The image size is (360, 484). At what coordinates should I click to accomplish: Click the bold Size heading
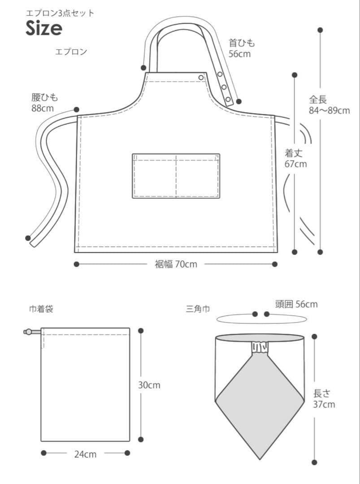click(x=44, y=28)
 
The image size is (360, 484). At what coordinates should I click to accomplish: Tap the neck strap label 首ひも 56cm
click(x=242, y=48)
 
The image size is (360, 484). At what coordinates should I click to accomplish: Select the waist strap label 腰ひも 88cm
click(x=44, y=103)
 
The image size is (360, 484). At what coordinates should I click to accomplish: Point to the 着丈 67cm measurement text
click(x=295, y=158)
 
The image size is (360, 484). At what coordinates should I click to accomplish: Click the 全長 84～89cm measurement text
click(x=330, y=105)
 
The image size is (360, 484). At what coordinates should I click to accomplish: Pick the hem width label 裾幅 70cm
click(x=176, y=264)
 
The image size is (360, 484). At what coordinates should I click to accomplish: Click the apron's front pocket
click(x=176, y=176)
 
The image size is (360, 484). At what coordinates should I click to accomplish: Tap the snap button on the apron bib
click(x=201, y=78)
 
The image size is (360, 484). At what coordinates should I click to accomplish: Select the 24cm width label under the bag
click(x=85, y=454)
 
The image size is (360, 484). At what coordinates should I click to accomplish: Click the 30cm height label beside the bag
click(x=149, y=385)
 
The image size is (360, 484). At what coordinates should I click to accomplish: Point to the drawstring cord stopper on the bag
click(x=28, y=332)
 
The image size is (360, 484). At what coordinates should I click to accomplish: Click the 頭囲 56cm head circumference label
click(x=296, y=304)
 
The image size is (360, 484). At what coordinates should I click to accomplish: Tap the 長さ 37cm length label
click(x=324, y=399)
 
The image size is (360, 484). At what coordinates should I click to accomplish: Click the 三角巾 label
click(x=198, y=309)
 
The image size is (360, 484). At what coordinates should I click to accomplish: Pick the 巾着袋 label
click(x=41, y=309)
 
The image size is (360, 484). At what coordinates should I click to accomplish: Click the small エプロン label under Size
click(x=71, y=52)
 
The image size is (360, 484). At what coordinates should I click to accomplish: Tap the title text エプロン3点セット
click(x=60, y=13)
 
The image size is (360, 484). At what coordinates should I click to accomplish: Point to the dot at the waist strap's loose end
click(x=28, y=238)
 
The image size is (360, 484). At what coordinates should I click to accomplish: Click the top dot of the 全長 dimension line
click(x=320, y=30)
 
